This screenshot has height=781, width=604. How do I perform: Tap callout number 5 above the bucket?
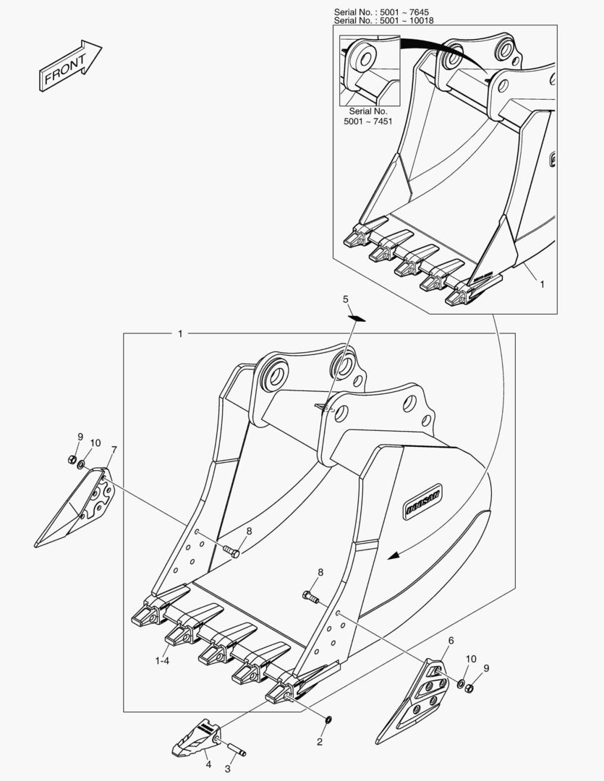(346, 299)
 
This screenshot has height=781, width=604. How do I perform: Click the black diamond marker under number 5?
(357, 317)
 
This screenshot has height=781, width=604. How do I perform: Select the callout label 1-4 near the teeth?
(162, 660)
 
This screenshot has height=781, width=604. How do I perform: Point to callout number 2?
(320, 742)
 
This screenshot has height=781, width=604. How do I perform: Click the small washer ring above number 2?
(328, 720)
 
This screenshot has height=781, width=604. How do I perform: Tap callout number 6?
(451, 641)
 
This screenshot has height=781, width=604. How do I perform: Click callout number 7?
(114, 450)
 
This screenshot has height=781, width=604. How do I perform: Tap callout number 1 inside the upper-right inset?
(542, 284)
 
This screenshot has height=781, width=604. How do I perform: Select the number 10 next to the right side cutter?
(471, 659)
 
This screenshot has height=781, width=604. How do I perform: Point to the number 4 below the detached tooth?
(208, 764)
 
